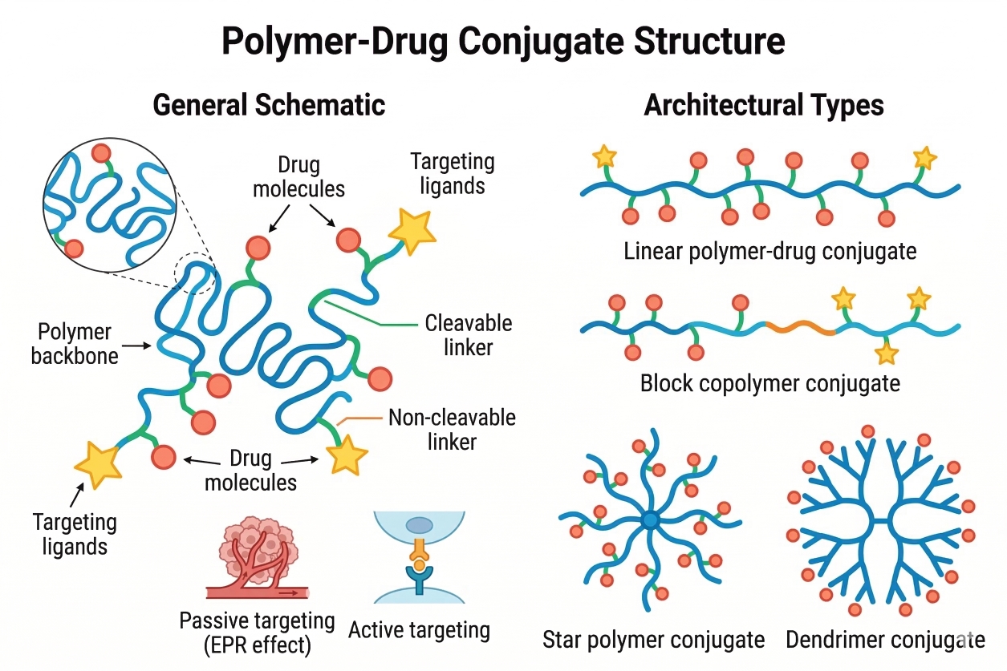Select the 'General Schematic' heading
click(x=268, y=105)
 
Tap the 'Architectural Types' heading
click(x=763, y=105)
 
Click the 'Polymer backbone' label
click(x=75, y=344)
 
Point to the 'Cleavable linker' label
click(x=469, y=335)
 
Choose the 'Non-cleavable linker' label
click(x=452, y=429)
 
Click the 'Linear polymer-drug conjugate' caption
click(x=769, y=251)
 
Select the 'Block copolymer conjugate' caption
click(x=769, y=383)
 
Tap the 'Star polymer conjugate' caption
click(x=653, y=639)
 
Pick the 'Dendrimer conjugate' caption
click(x=885, y=639)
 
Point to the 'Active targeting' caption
click(x=419, y=629)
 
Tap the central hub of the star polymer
click(x=650, y=520)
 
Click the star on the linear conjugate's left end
click(x=603, y=157)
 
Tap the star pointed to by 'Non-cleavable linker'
click(x=347, y=456)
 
